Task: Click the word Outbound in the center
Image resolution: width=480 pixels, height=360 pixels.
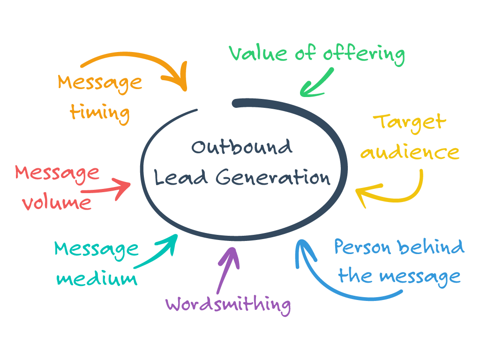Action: coord(242,147)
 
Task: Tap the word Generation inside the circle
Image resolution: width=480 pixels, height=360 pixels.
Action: coord(273,178)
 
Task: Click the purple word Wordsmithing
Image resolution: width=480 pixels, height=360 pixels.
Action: coord(228,305)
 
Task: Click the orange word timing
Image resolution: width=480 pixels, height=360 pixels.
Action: coord(100,112)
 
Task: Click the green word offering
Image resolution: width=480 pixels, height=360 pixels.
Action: coord(364,54)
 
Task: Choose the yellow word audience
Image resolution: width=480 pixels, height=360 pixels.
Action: coord(410,152)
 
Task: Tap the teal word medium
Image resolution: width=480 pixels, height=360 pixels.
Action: coord(97,279)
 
